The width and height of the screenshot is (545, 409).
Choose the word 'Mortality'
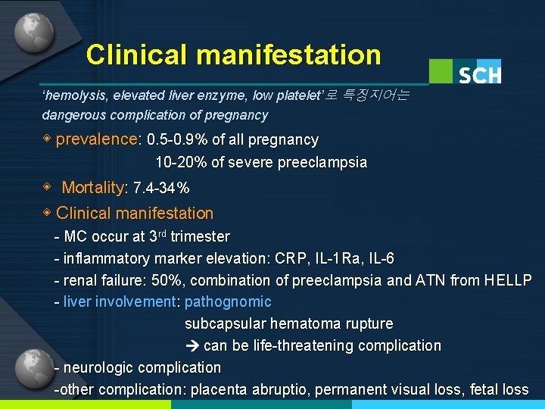(x=92, y=188)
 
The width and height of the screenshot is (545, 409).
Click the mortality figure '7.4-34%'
(x=160, y=188)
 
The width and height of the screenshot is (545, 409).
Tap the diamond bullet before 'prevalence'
(x=47, y=139)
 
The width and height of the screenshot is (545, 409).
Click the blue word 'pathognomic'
(x=228, y=302)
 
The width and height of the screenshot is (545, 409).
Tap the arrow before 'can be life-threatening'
(x=192, y=346)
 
